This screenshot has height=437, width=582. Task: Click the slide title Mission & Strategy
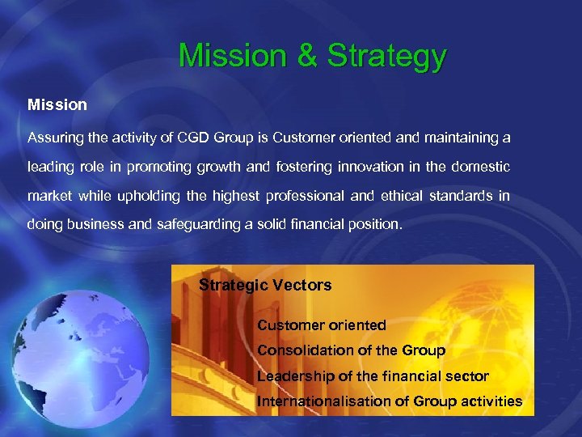pyautogui.click(x=312, y=57)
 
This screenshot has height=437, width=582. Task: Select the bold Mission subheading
pyautogui.click(x=57, y=105)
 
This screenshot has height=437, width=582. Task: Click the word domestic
pyautogui.click(x=481, y=167)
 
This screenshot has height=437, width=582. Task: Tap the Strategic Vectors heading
pyautogui.click(x=265, y=285)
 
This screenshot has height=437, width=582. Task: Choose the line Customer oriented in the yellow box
pyautogui.click(x=321, y=325)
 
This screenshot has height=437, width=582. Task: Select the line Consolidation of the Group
pyautogui.click(x=351, y=350)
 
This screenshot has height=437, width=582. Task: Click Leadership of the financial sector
pyautogui.click(x=373, y=375)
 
